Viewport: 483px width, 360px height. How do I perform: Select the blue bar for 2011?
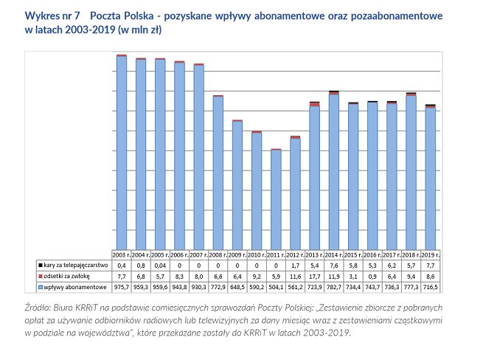(276, 200)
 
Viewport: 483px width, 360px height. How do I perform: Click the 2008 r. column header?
(218, 254)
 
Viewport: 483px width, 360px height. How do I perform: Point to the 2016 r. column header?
(372, 254)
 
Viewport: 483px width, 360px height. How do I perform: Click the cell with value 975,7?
(122, 286)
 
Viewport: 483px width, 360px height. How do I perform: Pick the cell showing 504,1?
(276, 286)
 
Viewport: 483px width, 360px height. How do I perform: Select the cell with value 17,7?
(314, 275)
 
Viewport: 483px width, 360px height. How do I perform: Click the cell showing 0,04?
(160, 264)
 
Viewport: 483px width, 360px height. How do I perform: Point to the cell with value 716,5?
(430, 286)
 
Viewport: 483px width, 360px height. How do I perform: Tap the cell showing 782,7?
(333, 286)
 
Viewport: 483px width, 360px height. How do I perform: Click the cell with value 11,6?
(295, 275)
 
